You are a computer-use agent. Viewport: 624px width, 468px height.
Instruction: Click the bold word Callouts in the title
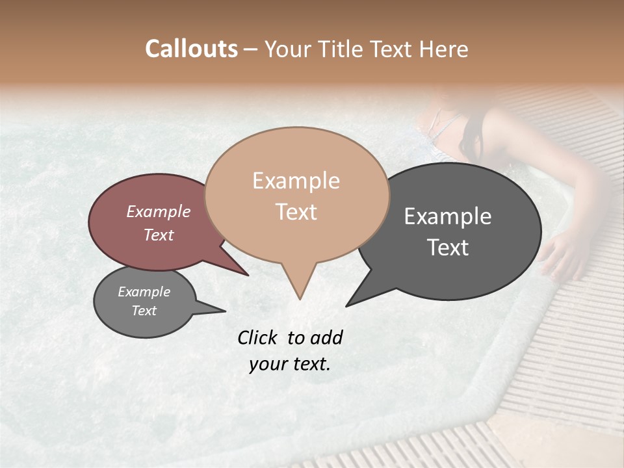point(191,49)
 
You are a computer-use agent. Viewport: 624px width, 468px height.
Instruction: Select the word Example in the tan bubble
point(296,181)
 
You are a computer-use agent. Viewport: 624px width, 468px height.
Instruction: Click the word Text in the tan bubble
point(296,211)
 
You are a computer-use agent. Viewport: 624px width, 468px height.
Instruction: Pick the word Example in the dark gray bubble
point(448,216)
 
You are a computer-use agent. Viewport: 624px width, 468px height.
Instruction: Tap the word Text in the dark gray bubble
point(448,248)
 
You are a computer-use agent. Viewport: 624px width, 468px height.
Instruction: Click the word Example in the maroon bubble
point(158,211)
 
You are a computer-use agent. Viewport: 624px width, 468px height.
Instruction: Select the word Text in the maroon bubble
point(158,235)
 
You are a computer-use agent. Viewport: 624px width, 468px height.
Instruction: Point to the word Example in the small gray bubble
point(144,292)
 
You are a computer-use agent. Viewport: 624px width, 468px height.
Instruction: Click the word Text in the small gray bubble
point(144,311)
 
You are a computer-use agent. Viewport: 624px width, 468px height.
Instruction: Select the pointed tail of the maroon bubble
point(240,270)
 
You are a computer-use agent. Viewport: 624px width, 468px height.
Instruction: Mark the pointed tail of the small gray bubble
point(218,309)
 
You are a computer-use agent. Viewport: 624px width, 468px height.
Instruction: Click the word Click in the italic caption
point(258,337)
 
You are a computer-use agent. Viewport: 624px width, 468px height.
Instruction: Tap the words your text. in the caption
point(289,364)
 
